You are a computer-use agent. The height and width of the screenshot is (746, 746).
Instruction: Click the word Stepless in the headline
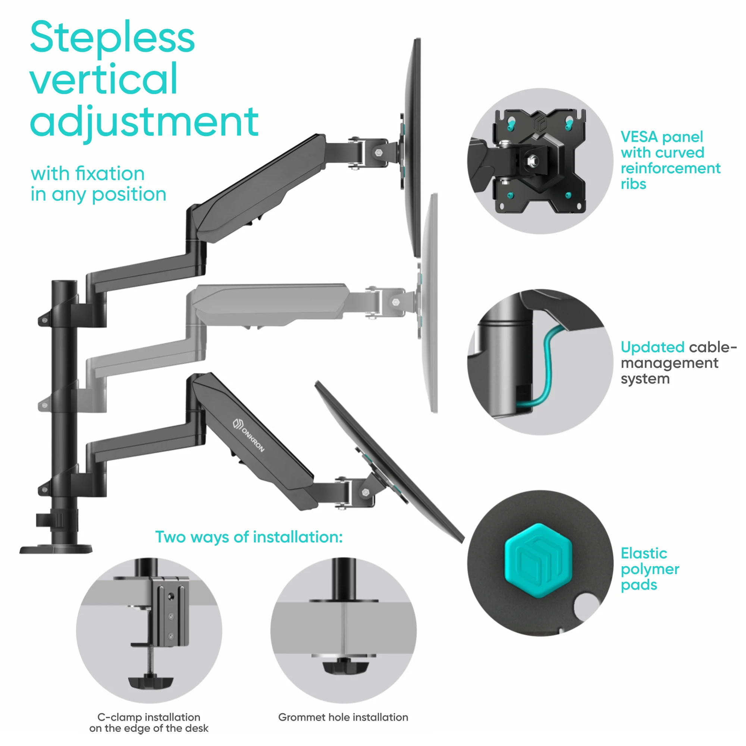[112, 38]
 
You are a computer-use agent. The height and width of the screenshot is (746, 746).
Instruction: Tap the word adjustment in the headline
[144, 122]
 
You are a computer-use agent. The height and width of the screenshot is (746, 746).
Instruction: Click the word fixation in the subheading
[110, 174]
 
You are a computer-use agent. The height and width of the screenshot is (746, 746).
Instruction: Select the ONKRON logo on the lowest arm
[249, 435]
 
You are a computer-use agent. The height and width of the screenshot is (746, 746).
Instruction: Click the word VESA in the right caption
[639, 137]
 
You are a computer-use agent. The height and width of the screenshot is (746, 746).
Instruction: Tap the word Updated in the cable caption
[652, 347]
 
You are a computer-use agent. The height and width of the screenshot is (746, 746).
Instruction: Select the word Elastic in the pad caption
[644, 553]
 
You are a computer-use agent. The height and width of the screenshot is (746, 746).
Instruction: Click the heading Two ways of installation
[249, 537]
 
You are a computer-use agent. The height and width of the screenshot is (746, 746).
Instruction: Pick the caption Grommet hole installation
[343, 717]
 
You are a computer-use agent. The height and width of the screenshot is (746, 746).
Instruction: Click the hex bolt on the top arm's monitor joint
[379, 153]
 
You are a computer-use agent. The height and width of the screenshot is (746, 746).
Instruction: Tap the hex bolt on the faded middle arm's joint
[395, 302]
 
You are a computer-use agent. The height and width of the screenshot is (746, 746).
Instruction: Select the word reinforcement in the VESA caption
[670, 168]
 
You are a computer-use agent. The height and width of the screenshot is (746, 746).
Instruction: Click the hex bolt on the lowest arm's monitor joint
[366, 492]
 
